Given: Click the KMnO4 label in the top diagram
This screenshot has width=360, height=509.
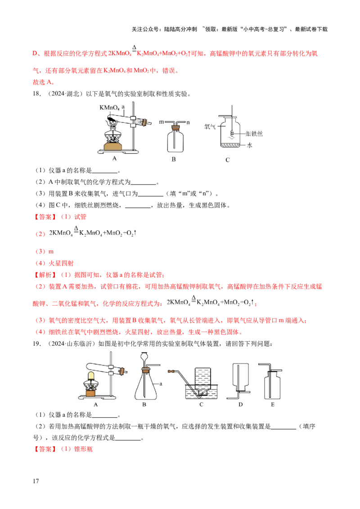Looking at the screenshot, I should point(106,108).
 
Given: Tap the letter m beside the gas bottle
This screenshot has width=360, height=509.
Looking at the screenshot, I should point(161,122).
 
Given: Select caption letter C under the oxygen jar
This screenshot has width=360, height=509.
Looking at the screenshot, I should point(228,160).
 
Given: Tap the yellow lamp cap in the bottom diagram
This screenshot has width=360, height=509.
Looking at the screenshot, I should point(90,375).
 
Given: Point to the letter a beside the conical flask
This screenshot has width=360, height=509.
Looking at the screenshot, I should point(160,383).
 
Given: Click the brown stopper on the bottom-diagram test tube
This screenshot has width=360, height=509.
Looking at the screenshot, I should point(121,371).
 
